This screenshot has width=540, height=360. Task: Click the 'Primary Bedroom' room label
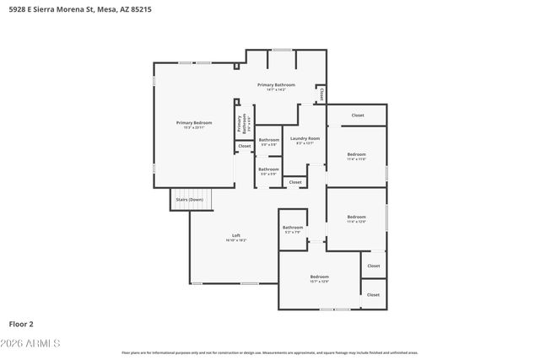coord(193,123)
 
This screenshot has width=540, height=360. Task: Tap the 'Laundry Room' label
coord(305,138)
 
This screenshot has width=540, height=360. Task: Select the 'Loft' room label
coord(236,235)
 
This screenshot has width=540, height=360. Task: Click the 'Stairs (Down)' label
coord(189,199)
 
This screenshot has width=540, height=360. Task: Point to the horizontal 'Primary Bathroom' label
coord(276,84)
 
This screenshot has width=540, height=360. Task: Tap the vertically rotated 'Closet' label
coord(321,94)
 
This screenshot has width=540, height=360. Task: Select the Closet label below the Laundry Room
coord(294,182)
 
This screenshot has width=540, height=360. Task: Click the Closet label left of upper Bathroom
coord(245,146)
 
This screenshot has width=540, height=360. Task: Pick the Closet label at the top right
coord(358,115)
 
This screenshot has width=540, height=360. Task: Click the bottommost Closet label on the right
coord(373,295)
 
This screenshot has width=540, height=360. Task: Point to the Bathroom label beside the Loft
coord(293,227)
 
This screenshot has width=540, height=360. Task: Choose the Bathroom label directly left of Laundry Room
coord(268,140)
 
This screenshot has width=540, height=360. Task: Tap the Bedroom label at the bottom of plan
coord(319,277)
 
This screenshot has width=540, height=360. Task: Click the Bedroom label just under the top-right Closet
coord(357,154)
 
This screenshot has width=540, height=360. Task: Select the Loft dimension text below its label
coord(236,241)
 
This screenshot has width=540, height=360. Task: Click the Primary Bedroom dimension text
coord(193,128)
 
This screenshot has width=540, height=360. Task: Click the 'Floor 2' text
coord(21,323)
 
